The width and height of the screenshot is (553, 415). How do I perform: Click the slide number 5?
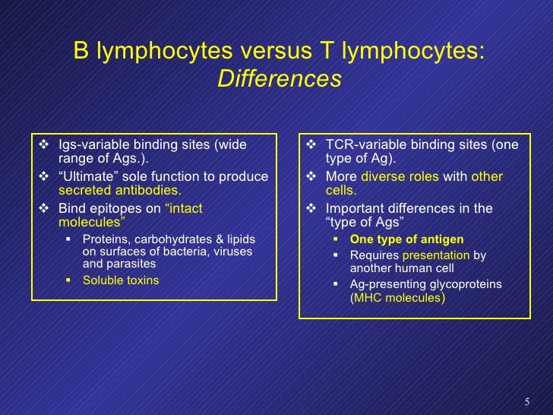pyautogui.click(x=527, y=401)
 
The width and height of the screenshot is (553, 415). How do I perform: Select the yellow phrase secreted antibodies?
pyautogui.click(x=119, y=191)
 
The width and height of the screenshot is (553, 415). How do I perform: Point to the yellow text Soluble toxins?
pyautogui.click(x=121, y=280)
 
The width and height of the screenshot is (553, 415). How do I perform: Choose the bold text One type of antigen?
pyautogui.click(x=406, y=239)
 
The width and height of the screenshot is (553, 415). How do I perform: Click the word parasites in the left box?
pyautogui.click(x=134, y=264)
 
